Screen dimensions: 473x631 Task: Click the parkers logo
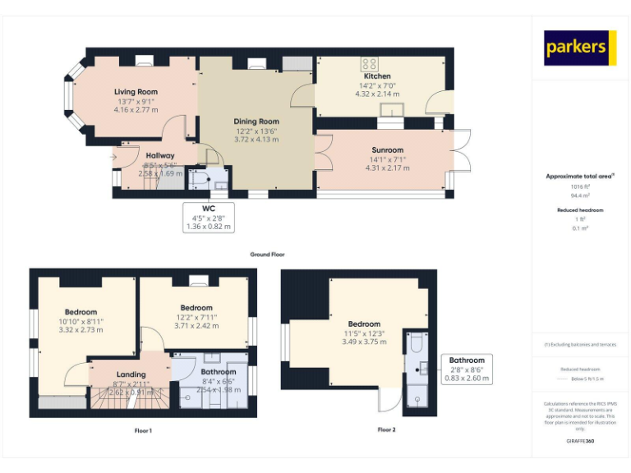[x=579, y=48]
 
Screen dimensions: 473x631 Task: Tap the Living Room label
[x=136, y=92]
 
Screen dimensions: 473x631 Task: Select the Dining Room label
[x=256, y=122]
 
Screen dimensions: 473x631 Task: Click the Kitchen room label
[x=377, y=76]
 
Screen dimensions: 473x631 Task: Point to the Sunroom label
[x=387, y=150]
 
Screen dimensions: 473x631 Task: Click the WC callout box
[x=208, y=218]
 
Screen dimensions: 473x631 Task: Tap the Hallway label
[x=160, y=155]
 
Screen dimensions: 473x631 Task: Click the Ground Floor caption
[x=266, y=255]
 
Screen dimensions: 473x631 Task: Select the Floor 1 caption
[x=142, y=430]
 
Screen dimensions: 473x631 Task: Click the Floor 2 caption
[x=386, y=429]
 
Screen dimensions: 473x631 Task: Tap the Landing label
[x=131, y=374]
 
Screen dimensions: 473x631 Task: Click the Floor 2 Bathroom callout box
[x=467, y=369]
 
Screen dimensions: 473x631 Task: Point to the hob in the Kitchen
[x=369, y=63]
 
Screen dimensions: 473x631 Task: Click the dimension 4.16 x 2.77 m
[x=136, y=109]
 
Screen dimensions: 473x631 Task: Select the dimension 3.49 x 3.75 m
[x=364, y=342]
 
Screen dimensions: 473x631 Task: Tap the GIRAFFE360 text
[x=580, y=442]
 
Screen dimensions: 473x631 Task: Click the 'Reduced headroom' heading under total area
[x=580, y=210]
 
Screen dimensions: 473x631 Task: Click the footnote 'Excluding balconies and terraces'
[x=580, y=344]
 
